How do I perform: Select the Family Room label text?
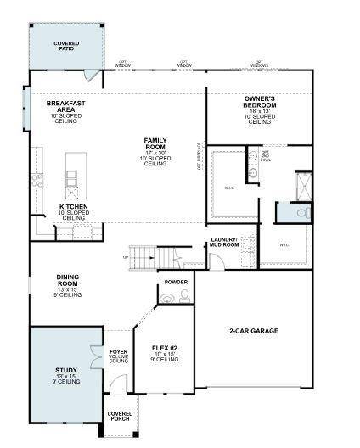pos(155,142)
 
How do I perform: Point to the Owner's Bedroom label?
pos(259,101)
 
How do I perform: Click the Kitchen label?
pos(73,206)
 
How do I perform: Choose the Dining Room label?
pos(68,279)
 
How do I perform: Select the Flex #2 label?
pos(164,350)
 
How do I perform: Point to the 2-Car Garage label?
pos(254,330)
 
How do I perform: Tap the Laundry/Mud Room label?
pos(225,242)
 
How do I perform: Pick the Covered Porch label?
pos(119,417)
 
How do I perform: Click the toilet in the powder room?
pos(168,297)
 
